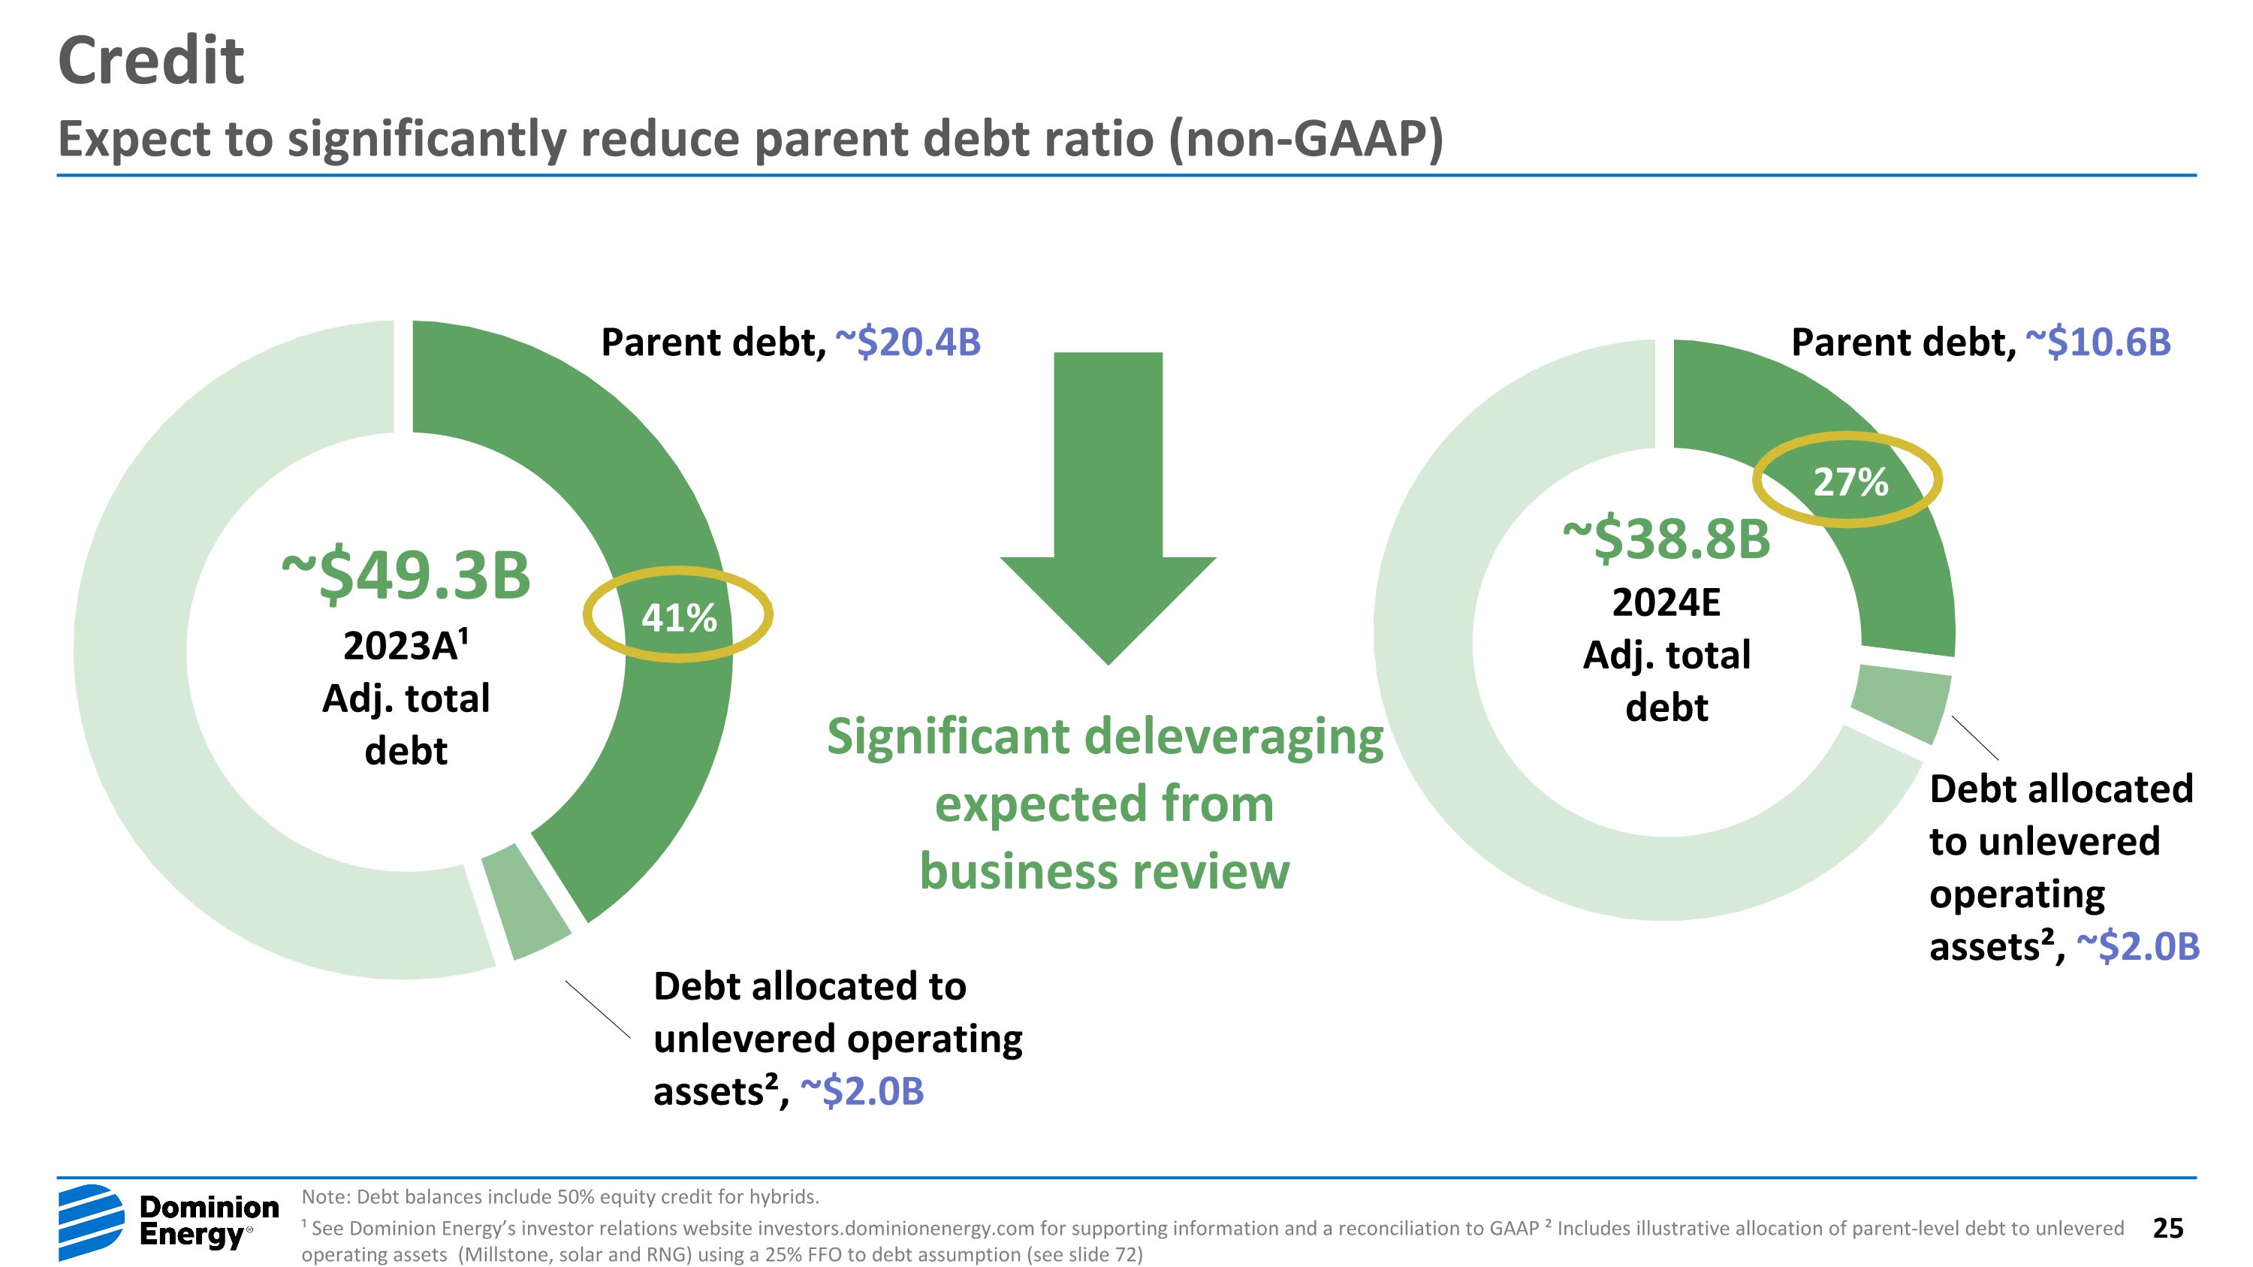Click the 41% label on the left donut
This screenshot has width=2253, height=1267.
point(679,618)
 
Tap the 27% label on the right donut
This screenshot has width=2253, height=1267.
point(1850,482)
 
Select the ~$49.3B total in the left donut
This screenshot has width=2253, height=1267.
point(406,576)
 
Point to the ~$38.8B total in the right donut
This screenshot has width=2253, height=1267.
point(1666,539)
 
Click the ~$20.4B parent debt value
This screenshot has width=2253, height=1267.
point(908,342)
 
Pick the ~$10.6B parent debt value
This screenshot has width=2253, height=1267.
point(2098,342)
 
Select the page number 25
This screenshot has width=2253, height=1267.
point(2167,1228)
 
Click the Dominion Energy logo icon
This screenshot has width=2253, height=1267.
point(91,1221)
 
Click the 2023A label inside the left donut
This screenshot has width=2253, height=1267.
point(404,646)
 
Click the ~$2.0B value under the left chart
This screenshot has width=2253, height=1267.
point(861,1091)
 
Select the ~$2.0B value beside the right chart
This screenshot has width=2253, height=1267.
point(2137,947)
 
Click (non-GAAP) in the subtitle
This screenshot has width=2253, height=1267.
point(1307,139)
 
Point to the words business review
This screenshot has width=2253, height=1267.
point(1104,873)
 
